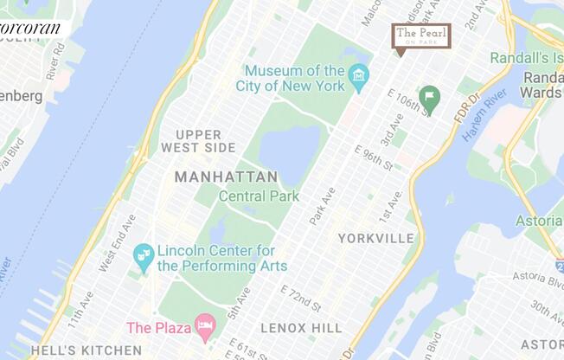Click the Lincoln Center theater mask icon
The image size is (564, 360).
[144, 257]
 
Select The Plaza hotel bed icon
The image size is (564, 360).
[205, 327]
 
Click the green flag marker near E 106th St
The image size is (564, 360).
[428, 97]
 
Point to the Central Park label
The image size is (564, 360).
[259, 196]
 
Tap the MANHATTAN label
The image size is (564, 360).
[226, 177]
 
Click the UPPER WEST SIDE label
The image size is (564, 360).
[198, 141]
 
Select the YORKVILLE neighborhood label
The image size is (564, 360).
[376, 238]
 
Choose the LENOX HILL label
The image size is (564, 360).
[301, 329]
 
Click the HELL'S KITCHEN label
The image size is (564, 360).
[87, 350]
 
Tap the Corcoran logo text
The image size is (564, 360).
[31, 29]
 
